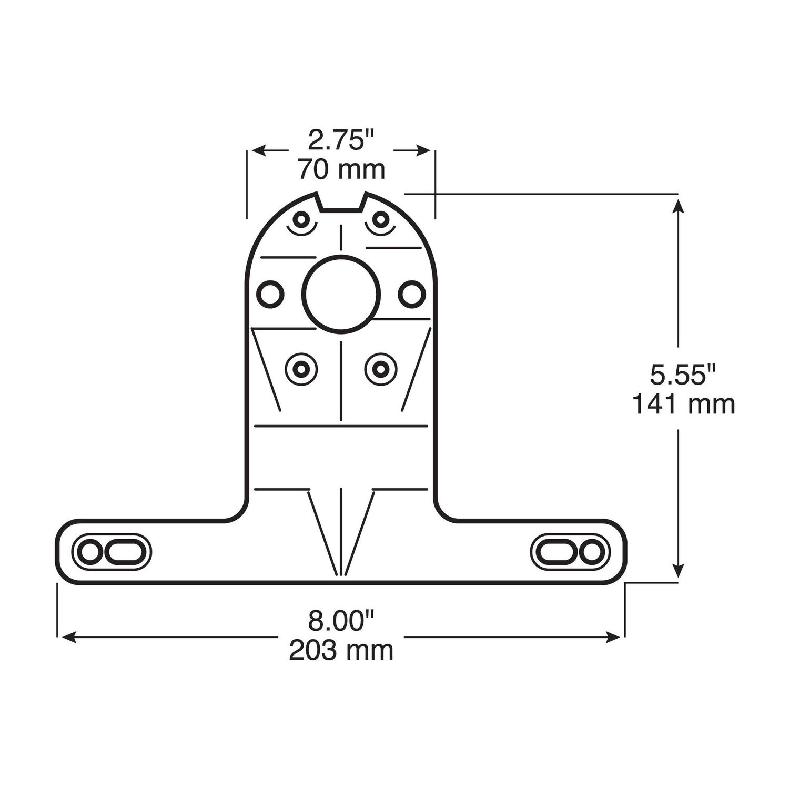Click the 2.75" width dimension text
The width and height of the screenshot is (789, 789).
click(341, 141)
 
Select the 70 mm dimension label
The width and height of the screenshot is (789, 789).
click(341, 169)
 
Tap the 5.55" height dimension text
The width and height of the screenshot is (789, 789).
click(683, 376)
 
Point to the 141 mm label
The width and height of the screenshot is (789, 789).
click(683, 404)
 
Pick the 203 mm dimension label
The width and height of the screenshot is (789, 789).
click(341, 650)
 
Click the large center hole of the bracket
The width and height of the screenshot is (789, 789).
click(341, 294)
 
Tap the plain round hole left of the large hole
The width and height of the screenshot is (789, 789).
click(270, 294)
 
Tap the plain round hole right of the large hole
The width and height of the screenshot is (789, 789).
click(411, 294)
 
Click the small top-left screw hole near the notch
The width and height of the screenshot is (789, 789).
click(302, 219)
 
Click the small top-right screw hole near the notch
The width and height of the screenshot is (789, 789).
click(380, 219)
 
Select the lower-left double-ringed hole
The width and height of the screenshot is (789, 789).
click(301, 369)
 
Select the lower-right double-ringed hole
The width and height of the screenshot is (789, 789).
click(380, 369)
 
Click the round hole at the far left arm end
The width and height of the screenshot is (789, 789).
click(89, 552)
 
